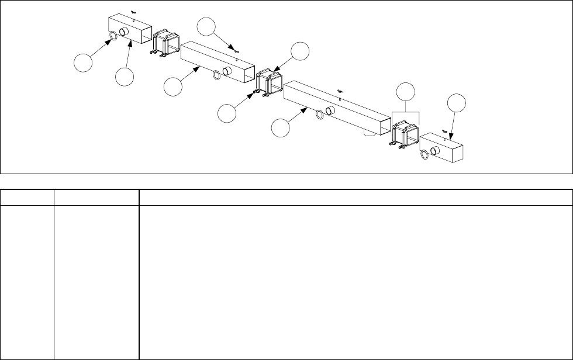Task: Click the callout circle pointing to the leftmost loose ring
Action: pyautogui.click(x=83, y=62)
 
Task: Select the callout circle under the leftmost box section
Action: pyautogui.click(x=124, y=77)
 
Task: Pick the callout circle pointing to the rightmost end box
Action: pyautogui.click(x=457, y=105)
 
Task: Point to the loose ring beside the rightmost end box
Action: pyautogui.click(x=424, y=155)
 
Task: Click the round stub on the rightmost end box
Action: pyautogui.click(x=436, y=151)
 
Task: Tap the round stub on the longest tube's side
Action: pyautogui.click(x=330, y=111)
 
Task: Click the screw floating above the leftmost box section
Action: pyautogui.click(x=134, y=12)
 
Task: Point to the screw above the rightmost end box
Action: pyautogui.click(x=445, y=130)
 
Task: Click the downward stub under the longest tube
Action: pyautogui.click(x=368, y=134)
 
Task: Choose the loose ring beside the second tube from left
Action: pyautogui.click(x=217, y=74)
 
